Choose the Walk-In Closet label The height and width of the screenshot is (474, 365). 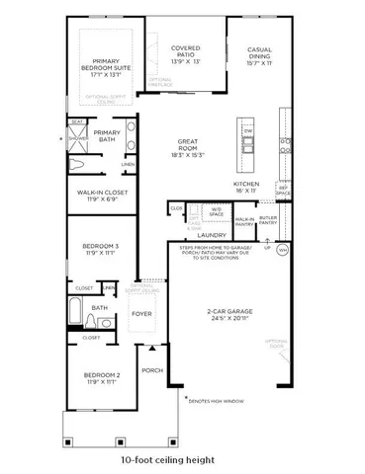click(x=97, y=197)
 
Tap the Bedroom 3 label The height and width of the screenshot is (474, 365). click(x=101, y=249)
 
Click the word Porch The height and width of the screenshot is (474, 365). click(x=151, y=371)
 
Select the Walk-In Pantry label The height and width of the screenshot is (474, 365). click(x=243, y=220)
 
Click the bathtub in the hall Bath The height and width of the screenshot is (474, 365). click(x=75, y=318)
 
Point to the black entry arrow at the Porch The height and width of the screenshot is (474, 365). click(x=151, y=348)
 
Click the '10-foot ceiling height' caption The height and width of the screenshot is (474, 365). click(x=181, y=460)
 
